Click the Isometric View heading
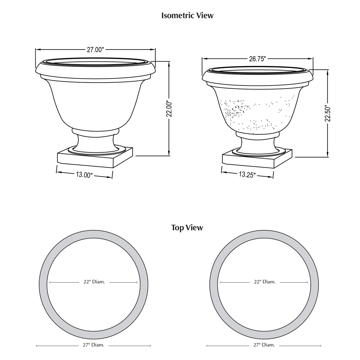187,15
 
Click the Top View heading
187,228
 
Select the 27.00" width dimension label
95,50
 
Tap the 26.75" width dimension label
257,59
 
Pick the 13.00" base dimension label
84,174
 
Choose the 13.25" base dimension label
247,175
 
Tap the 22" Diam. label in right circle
265,282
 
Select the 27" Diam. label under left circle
94,345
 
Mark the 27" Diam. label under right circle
264,345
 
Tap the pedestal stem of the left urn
95,142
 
